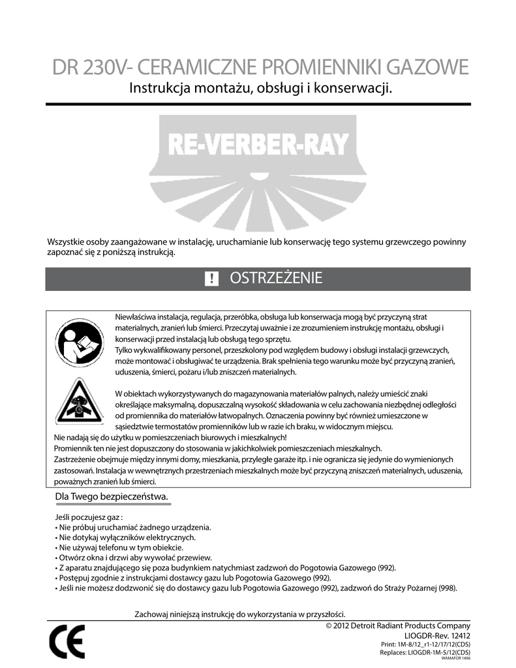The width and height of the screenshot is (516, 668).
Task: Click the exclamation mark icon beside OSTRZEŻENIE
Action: (211, 279)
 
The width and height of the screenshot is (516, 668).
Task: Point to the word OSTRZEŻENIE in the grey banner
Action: (275, 279)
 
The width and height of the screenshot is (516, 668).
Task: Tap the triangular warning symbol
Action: (78, 401)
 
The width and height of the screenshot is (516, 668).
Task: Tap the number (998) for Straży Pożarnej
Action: (447, 587)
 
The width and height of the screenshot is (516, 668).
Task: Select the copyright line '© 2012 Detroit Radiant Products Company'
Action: (397, 626)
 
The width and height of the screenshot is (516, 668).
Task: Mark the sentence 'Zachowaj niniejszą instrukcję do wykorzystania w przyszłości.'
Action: (239, 614)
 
